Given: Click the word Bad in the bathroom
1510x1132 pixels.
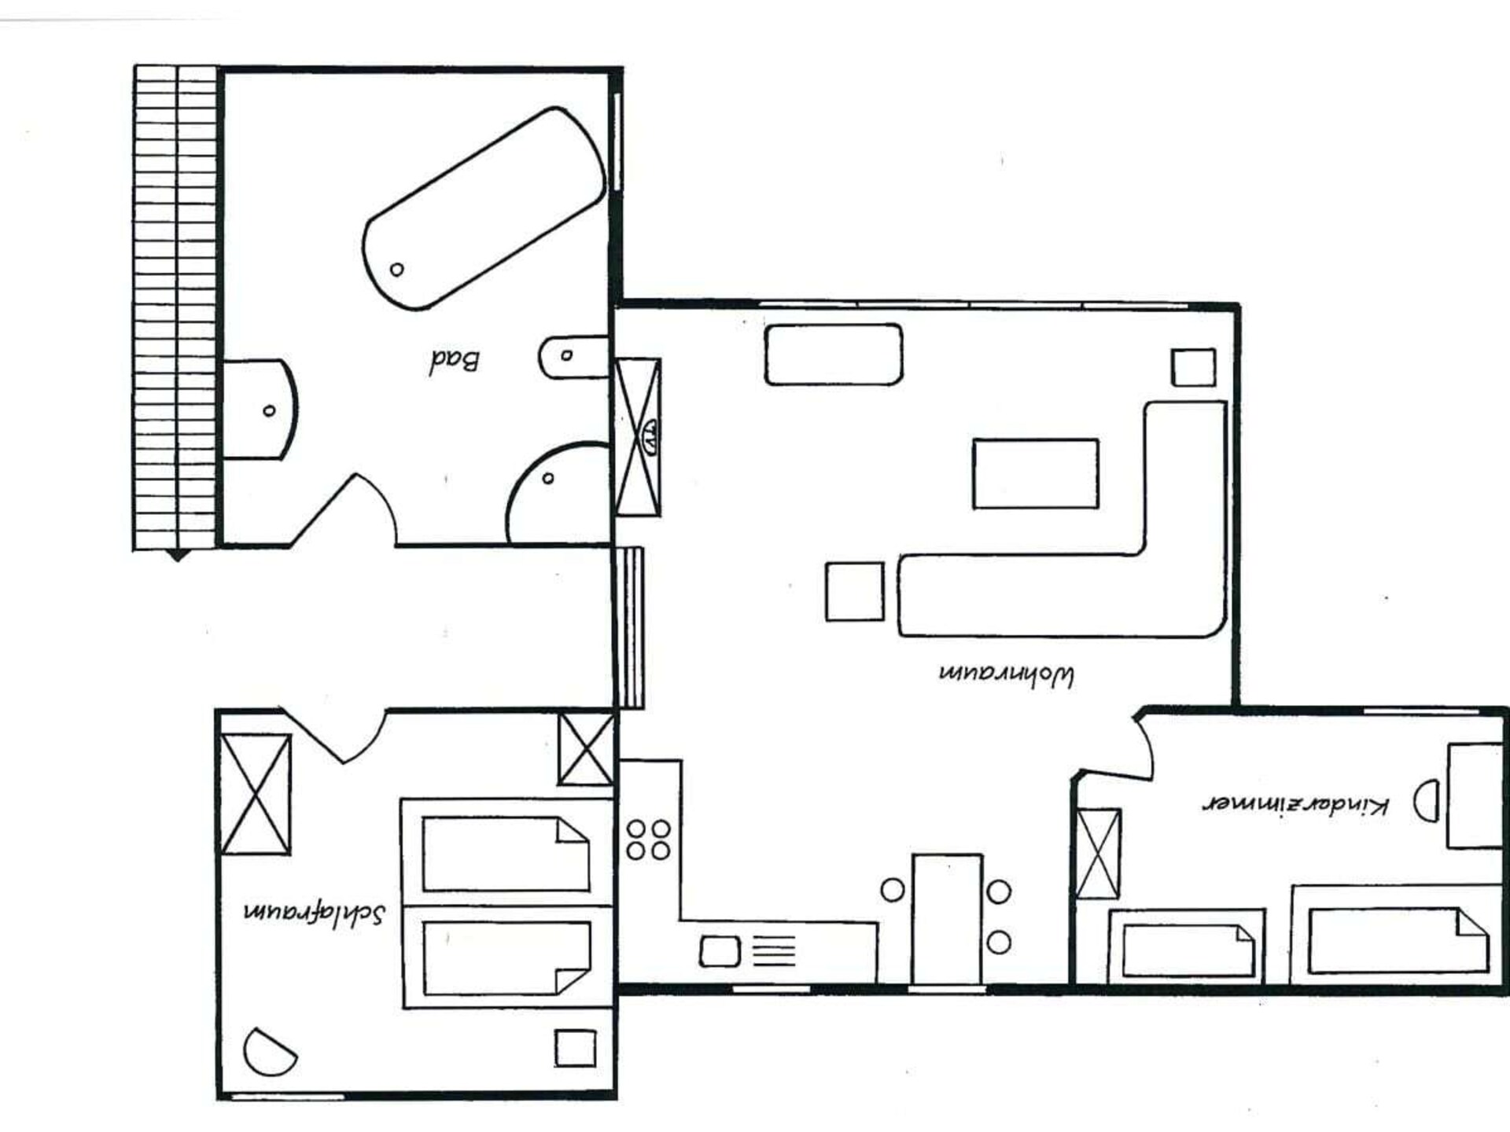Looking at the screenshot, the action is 455,361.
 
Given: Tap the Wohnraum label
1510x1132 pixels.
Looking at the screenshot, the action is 1007,674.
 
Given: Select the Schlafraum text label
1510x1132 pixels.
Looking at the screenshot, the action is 315,912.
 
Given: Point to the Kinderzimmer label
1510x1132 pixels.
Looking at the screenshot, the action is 1296,804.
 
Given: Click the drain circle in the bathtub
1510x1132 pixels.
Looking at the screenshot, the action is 397,270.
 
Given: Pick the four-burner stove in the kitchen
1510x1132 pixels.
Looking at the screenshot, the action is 648,840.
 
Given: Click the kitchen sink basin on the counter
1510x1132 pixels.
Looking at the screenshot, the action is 720,951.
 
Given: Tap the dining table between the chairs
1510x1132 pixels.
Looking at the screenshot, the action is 947,919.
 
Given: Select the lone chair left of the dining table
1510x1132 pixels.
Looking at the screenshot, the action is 893,890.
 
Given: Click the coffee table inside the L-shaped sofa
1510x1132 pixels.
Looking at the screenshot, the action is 1035,474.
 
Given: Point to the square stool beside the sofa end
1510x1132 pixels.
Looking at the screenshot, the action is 855,592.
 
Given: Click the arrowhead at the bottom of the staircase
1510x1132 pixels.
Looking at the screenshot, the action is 179,556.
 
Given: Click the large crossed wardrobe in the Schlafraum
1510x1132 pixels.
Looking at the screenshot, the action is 256,794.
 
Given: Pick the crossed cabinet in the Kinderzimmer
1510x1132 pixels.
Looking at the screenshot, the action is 1098,853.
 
